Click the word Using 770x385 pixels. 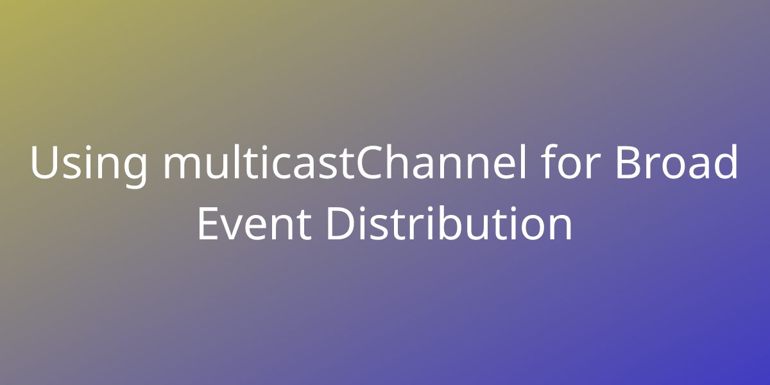coord(89,164)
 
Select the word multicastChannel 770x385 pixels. coord(345,162)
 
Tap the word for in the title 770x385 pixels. coord(570,162)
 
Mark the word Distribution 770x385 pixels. coord(449,223)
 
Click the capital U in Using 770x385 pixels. coord(44,162)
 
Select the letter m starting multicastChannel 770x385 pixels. coord(182,166)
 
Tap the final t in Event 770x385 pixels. coord(304,225)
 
